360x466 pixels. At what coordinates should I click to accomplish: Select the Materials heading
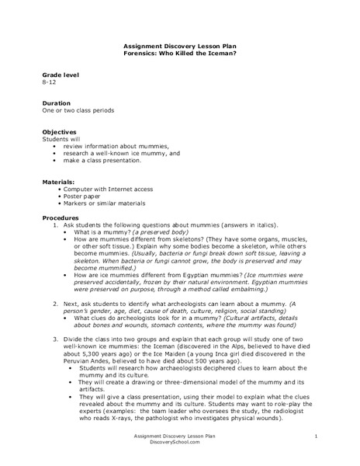[59, 181]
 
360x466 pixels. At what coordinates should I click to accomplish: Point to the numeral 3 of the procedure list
[55, 339]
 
